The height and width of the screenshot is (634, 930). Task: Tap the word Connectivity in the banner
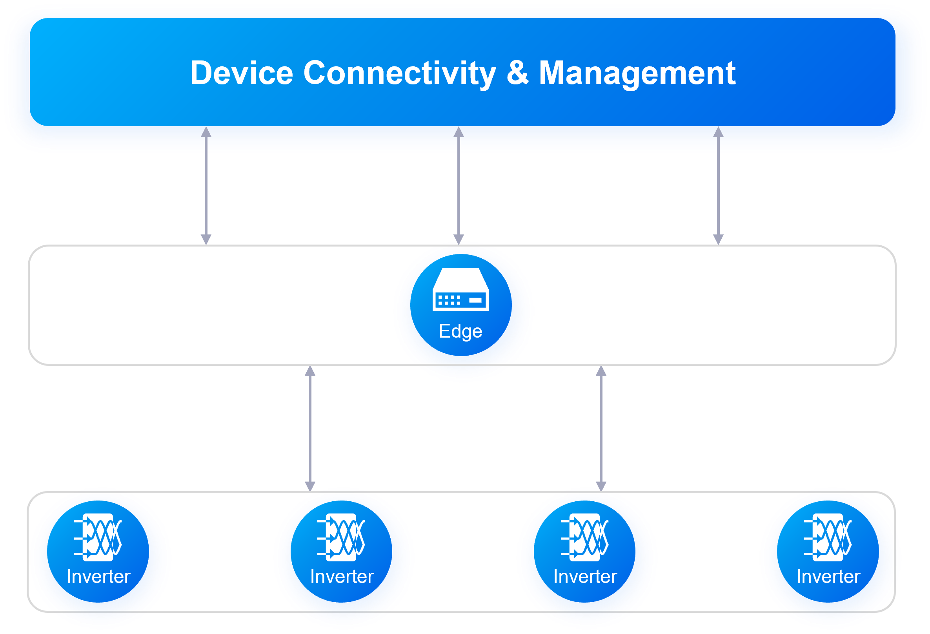[x=399, y=73]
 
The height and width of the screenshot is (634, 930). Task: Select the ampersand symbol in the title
[x=517, y=73]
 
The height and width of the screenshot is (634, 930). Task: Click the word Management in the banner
[x=637, y=73]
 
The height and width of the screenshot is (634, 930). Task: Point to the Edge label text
[x=460, y=331]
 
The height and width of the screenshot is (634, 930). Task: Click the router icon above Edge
[x=460, y=290]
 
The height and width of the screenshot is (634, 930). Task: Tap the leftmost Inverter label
[x=98, y=577]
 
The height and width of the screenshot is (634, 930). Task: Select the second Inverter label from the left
[x=342, y=577]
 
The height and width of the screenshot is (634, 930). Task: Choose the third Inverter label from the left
[x=585, y=577]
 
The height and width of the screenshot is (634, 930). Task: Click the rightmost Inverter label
[x=828, y=577]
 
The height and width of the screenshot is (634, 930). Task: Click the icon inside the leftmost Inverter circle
[x=98, y=537]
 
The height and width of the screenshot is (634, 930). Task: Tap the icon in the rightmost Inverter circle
[x=828, y=537]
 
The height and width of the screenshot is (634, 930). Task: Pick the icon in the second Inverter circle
[x=341, y=537]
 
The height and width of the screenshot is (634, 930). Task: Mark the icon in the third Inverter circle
[x=585, y=537]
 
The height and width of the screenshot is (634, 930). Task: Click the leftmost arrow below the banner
[x=206, y=185]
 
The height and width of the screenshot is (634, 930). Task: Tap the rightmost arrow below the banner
[x=718, y=185]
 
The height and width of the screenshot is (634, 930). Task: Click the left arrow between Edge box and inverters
[x=310, y=429]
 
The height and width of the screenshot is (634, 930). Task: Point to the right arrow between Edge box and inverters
[x=601, y=429]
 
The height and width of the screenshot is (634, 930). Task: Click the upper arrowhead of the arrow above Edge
[x=459, y=132]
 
